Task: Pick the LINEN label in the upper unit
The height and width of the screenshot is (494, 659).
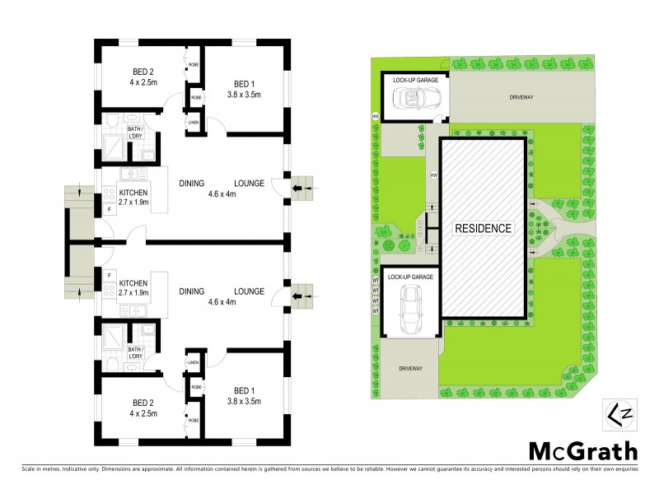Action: click(x=193, y=123)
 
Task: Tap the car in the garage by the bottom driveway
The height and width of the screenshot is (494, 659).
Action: click(x=409, y=310)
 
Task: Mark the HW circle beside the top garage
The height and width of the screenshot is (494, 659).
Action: click(x=376, y=115)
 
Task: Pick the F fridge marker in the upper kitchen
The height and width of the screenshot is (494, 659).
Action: click(x=109, y=211)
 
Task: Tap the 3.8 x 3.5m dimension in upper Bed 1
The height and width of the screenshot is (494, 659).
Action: click(x=243, y=95)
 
